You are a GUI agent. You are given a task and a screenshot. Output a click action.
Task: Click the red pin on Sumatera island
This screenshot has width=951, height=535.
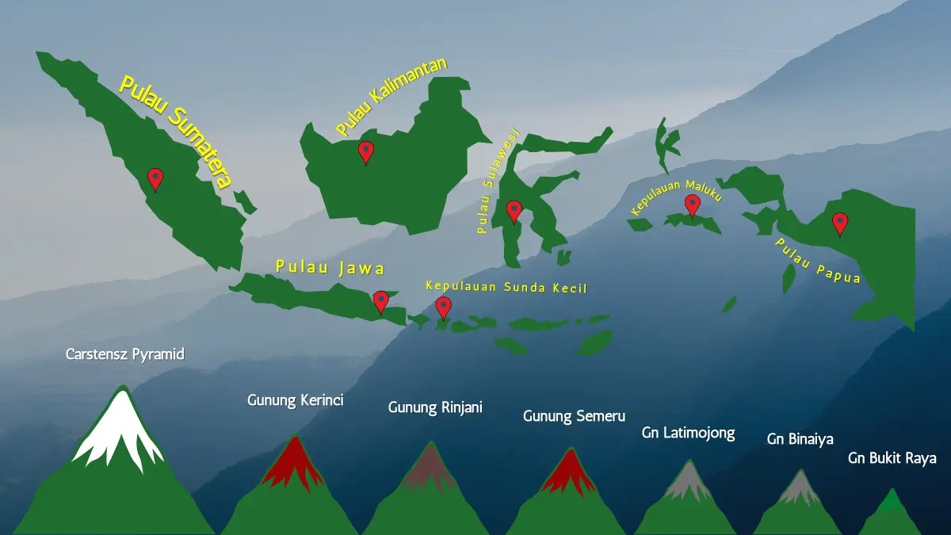[x=155, y=178]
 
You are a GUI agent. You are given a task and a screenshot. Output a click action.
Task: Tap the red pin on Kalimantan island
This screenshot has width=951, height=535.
[x=365, y=151]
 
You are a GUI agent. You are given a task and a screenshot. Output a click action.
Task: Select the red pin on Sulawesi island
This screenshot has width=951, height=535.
[x=514, y=210]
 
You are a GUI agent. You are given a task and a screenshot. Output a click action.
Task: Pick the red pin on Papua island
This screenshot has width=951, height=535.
[x=840, y=223]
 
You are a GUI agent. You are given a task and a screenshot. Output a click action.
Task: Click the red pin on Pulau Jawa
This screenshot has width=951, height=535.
[x=381, y=300]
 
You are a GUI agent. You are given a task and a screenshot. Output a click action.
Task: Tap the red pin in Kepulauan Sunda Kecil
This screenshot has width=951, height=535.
[x=443, y=307]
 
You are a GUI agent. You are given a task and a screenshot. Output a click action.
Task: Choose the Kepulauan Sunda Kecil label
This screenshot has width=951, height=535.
[x=506, y=286]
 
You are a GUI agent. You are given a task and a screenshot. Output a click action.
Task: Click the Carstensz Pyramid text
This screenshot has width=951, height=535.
[x=124, y=354]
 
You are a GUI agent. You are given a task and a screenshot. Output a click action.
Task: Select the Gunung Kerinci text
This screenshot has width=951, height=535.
[x=295, y=400]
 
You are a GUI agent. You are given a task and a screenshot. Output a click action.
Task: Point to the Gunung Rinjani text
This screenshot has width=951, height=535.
[x=435, y=407]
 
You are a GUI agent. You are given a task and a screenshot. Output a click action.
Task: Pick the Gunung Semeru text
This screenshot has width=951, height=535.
[x=574, y=415]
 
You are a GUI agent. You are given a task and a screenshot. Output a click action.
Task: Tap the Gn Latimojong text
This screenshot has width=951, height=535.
[x=688, y=433]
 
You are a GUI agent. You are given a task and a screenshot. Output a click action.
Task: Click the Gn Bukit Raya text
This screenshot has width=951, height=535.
[x=892, y=458]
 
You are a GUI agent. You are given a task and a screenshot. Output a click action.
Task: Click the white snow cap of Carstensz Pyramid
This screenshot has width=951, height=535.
[x=119, y=428]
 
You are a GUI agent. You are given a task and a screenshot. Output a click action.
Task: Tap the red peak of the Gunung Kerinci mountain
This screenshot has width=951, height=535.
[x=294, y=464]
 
